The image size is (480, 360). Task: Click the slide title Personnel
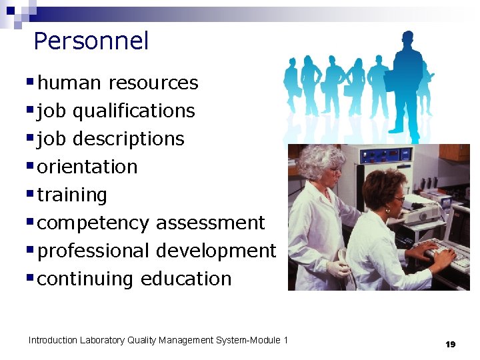[x=91, y=41]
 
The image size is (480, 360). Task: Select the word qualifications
[x=133, y=111]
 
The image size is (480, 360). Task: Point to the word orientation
[x=87, y=167]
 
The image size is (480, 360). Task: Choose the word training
[x=72, y=195]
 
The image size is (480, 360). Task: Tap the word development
[x=215, y=251]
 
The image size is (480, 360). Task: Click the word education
[x=186, y=279]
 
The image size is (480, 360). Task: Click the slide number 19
[x=450, y=344]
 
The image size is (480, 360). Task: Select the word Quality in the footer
[x=148, y=340]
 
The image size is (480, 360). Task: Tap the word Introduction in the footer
[x=53, y=340]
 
